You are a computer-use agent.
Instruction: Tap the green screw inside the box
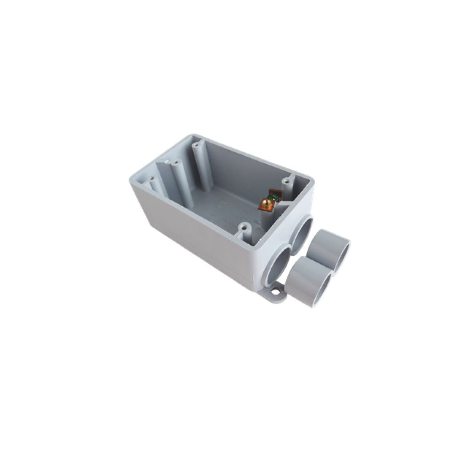(x=272, y=198)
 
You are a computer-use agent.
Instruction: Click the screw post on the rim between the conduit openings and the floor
(x=245, y=231)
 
